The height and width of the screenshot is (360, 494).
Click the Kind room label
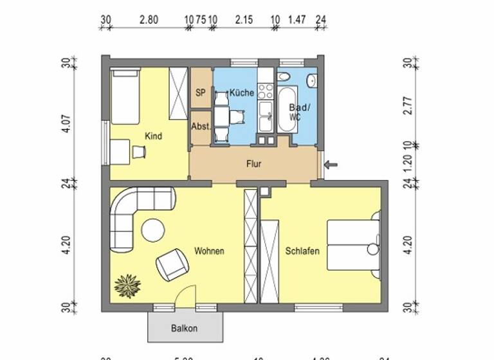point(154,136)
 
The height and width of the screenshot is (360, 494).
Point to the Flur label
point(254,164)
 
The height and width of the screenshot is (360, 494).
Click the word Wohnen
point(210,251)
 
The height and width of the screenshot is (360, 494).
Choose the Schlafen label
point(302,251)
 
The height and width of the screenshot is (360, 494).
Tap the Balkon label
point(184,328)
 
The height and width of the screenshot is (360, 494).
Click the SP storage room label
point(201,93)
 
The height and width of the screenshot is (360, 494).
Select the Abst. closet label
point(201,127)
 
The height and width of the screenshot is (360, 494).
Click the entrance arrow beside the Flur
point(331,165)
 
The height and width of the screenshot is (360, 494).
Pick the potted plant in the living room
point(127,285)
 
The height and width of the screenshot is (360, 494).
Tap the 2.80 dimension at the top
point(149,21)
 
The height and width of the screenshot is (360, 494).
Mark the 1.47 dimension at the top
point(297,21)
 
